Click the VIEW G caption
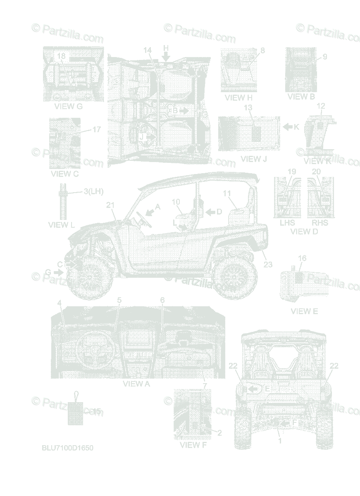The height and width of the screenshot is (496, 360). (68, 106)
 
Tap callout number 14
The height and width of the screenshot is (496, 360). (148, 50)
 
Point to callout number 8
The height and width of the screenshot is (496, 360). (262, 50)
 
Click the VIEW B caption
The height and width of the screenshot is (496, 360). (301, 97)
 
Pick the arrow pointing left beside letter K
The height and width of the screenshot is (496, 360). (288, 127)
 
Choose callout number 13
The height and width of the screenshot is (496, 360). (248, 107)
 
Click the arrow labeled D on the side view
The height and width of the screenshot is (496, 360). (211, 212)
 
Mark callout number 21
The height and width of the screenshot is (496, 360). (110, 205)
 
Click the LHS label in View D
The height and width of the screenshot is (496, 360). (287, 223)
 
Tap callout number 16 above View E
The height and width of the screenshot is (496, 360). (302, 258)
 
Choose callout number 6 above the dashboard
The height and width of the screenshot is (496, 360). (162, 300)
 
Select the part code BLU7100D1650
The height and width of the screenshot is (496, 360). (64, 448)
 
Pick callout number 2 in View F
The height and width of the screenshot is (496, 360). (219, 433)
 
